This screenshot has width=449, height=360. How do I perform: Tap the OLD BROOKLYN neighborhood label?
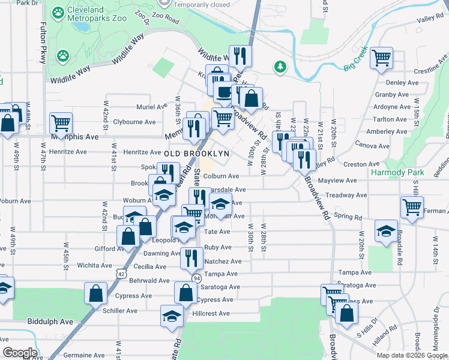tap(197, 154)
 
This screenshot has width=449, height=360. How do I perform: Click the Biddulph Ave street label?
tap(50, 322)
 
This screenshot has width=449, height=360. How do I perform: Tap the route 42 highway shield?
tap(121, 274)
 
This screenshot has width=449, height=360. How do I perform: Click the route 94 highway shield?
tap(196, 278)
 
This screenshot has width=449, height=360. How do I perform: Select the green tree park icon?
tap(280, 67)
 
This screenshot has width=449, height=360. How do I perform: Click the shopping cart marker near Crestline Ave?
tap(382, 58)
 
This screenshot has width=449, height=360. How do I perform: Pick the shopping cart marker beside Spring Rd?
tap(412, 207)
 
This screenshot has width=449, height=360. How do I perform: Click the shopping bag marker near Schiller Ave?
tap(96, 294)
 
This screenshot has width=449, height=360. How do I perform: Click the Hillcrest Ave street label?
tap(211, 313)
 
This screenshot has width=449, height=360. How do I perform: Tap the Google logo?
tap(20, 353)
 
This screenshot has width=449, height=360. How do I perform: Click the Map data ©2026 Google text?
tap(412, 355)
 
